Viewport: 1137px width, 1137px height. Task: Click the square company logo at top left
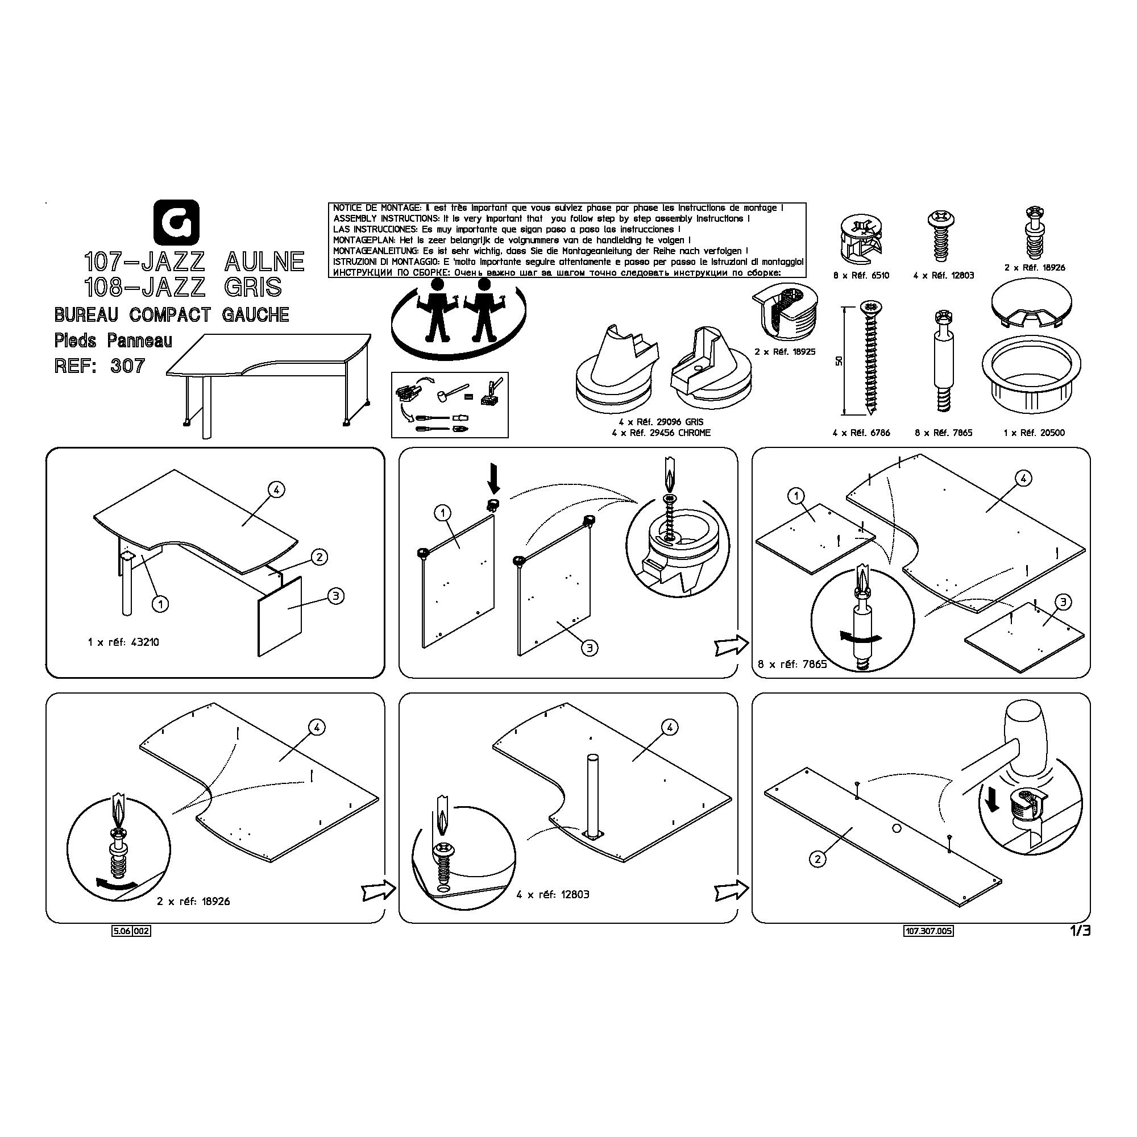pyautogui.click(x=177, y=222)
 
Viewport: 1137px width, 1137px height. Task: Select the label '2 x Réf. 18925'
pyautogui.click(x=785, y=351)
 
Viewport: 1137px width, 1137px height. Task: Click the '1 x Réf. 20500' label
pyautogui.click(x=1034, y=433)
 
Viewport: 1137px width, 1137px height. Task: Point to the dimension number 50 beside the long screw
pyautogui.click(x=839, y=360)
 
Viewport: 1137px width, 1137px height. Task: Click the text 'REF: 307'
pyautogui.click(x=99, y=366)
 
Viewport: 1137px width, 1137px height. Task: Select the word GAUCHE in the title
pyautogui.click(x=255, y=315)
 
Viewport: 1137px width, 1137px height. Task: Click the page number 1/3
pyautogui.click(x=1080, y=931)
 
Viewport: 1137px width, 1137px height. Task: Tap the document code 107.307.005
pyautogui.click(x=928, y=931)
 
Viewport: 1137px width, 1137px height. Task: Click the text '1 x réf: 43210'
pyautogui.click(x=123, y=642)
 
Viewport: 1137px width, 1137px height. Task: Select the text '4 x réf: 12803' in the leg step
pyautogui.click(x=553, y=894)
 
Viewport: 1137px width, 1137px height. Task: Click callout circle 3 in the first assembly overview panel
pyautogui.click(x=335, y=596)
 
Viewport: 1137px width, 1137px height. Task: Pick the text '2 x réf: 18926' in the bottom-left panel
pyautogui.click(x=194, y=901)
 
